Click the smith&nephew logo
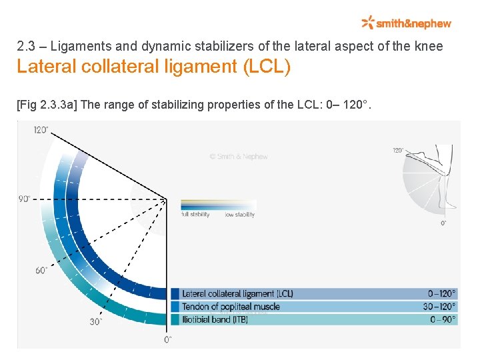(406, 23)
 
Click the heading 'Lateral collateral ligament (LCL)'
(153, 67)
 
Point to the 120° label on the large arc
(41, 130)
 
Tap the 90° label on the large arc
(25, 199)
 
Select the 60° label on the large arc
(41, 271)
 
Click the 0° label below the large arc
(167, 339)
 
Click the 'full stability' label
(195, 215)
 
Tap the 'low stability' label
(239, 215)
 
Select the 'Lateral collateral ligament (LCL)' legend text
(237, 293)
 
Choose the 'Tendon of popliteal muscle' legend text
(231, 307)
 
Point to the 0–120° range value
(442, 293)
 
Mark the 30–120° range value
(439, 307)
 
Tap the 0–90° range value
(443, 319)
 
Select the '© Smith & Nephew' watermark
(239, 157)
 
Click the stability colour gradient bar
(218, 205)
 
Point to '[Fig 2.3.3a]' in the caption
(46, 105)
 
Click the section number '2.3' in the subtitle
(25, 47)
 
